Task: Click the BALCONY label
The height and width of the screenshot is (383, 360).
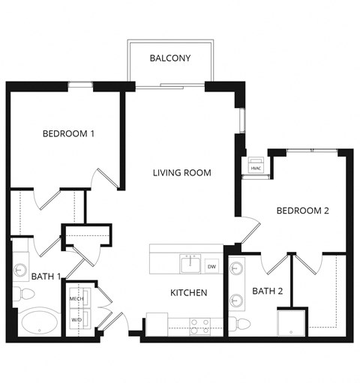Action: pyautogui.click(x=170, y=58)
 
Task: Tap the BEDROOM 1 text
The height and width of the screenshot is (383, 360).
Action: pyautogui.click(x=68, y=134)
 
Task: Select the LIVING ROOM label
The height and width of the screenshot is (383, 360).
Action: pyautogui.click(x=181, y=173)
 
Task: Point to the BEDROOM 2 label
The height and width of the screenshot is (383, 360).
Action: pyautogui.click(x=303, y=211)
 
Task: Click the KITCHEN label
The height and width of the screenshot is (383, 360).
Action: pyautogui.click(x=188, y=292)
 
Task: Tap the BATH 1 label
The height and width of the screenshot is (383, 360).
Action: pyautogui.click(x=46, y=277)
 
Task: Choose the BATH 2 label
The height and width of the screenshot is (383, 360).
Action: pyautogui.click(x=268, y=291)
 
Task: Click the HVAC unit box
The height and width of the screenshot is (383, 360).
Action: pyautogui.click(x=255, y=167)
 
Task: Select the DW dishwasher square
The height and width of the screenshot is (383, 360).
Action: pyautogui.click(x=211, y=267)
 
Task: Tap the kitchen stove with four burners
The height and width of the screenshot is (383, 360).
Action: pyautogui.click(x=199, y=326)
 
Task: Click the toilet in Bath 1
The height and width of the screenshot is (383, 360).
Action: pyautogui.click(x=18, y=292)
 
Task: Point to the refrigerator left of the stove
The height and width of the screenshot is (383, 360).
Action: pyautogui.click(x=156, y=325)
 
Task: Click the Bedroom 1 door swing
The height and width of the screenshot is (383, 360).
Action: pyautogui.click(x=103, y=180)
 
